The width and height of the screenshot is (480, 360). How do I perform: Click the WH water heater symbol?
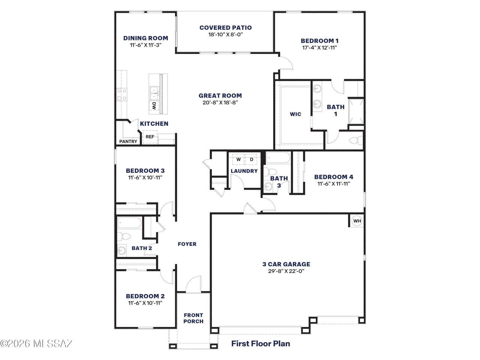pyautogui.click(x=357, y=221)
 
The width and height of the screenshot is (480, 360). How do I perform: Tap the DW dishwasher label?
pyautogui.click(x=154, y=106)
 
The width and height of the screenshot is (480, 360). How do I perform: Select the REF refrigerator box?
pyautogui.click(x=150, y=137)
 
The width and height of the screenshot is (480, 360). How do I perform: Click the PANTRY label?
pyautogui.click(x=128, y=141)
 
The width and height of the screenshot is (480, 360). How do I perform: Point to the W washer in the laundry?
pyautogui.click(x=238, y=159)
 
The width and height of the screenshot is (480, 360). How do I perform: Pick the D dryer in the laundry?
pyautogui.click(x=252, y=159)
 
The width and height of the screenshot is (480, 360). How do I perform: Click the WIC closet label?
pyautogui.click(x=295, y=114)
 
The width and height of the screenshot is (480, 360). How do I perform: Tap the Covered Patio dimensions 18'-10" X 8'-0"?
pyautogui.click(x=225, y=34)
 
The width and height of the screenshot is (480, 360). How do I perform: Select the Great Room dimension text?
pyautogui.click(x=220, y=102)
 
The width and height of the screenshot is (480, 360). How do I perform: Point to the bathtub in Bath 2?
pyautogui.click(x=129, y=223)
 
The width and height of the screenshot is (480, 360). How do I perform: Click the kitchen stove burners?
pyautogui.click(x=121, y=94)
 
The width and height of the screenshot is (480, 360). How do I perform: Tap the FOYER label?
pyautogui.click(x=187, y=244)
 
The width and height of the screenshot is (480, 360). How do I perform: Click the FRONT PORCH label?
pyautogui.click(x=193, y=318)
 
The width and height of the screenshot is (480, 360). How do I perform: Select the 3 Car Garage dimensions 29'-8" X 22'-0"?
pyautogui.click(x=286, y=271)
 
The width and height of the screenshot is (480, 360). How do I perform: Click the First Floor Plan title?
pyautogui.click(x=261, y=343)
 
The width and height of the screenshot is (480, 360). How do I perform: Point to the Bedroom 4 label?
pyautogui.click(x=334, y=177)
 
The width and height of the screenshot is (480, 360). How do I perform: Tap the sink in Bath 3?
pyautogui.click(x=267, y=186)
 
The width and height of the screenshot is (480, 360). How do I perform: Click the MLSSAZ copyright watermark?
pyautogui.click(x=36, y=343)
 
